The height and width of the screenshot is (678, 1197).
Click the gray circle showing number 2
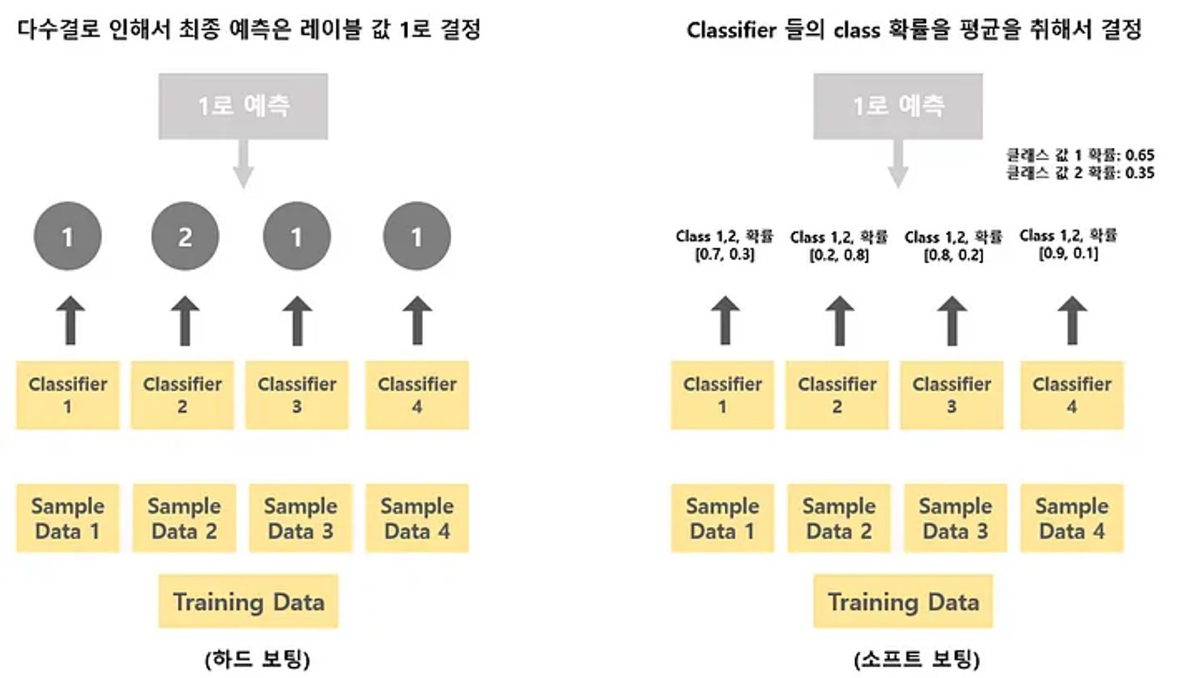pyautogui.click(x=185, y=236)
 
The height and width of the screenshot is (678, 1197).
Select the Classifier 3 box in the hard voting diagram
pyautogui.click(x=297, y=395)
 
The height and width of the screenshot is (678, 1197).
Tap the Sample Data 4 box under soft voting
pyautogui.click(x=1072, y=518)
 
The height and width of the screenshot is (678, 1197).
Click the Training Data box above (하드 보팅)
pyautogui.click(x=248, y=601)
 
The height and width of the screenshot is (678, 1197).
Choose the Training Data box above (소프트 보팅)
pyautogui.click(x=903, y=601)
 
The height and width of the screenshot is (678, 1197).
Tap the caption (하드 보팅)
pyautogui.click(x=257, y=659)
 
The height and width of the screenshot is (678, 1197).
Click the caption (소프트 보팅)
pyautogui.click(x=917, y=659)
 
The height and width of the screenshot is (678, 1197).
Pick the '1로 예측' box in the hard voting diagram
pyautogui.click(x=243, y=107)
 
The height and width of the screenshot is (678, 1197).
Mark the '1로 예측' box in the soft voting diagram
pyautogui.click(x=898, y=107)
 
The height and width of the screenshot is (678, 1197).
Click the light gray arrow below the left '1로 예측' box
pyautogui.click(x=243, y=165)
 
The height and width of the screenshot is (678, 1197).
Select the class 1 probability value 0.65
pyautogui.click(x=1140, y=156)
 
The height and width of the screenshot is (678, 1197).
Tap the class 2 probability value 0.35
pyautogui.click(x=1140, y=173)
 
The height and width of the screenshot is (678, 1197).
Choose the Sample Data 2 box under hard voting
pyautogui.click(x=184, y=518)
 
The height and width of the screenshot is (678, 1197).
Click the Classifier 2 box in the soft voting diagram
pyautogui.click(x=837, y=395)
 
